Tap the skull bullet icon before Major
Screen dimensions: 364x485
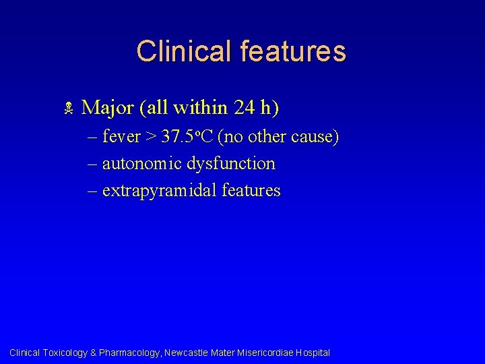(x=67, y=108)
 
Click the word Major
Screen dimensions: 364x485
(x=107, y=107)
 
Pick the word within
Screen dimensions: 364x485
(x=200, y=107)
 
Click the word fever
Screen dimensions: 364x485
(x=121, y=137)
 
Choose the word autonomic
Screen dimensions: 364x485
(x=142, y=164)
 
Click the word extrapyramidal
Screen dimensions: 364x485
(x=159, y=191)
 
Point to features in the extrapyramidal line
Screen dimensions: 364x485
(x=251, y=191)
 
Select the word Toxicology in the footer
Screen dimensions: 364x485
(x=65, y=353)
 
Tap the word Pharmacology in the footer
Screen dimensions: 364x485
(x=129, y=353)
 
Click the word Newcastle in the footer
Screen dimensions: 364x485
(x=187, y=353)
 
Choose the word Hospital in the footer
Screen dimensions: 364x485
(x=313, y=353)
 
